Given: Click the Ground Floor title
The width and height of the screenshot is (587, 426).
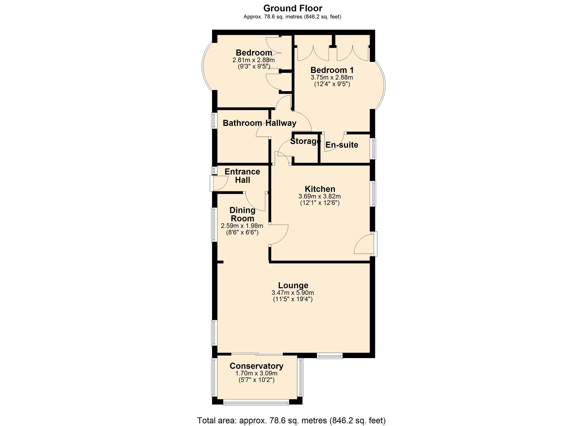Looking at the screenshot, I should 293,8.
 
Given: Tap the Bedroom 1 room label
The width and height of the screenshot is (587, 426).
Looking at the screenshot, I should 332,70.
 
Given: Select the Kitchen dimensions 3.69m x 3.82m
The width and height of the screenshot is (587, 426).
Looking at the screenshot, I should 320,196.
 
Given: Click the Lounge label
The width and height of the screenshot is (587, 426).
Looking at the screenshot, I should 293,285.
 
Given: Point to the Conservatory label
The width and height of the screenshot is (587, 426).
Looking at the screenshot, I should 256,366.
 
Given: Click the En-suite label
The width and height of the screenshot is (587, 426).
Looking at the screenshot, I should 342,145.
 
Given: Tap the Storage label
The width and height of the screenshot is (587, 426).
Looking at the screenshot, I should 305,141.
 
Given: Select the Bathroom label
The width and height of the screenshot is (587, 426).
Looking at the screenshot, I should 242,123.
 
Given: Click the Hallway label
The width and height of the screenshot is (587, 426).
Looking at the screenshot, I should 281,123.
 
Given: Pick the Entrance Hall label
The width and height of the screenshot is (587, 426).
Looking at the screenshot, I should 242,176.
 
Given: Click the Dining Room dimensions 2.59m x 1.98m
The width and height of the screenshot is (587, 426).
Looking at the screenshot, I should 242,226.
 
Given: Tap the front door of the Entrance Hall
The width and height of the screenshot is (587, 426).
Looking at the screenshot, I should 219,183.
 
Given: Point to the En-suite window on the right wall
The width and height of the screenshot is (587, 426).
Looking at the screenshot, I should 373,148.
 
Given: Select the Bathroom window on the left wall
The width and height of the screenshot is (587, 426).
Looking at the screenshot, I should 214,120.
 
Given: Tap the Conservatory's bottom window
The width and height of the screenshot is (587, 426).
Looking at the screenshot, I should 256,403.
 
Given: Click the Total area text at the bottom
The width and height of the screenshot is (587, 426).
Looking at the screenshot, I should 291,420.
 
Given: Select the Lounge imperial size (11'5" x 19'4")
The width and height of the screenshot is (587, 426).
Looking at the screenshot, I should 293,299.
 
